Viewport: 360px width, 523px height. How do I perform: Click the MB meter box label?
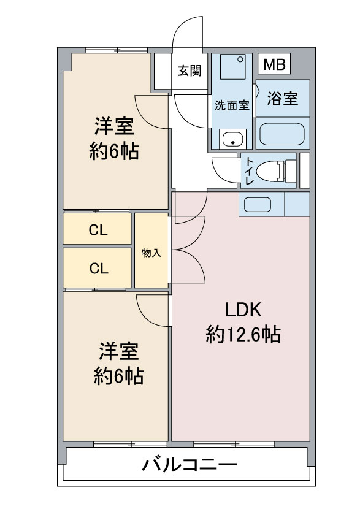pos(274,64)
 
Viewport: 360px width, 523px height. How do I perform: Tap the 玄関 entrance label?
pos(190,71)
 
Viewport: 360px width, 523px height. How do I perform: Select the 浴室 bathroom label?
pos(282,98)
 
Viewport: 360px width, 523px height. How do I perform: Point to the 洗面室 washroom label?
pos(232,105)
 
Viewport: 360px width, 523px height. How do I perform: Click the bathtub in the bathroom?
pos(282,134)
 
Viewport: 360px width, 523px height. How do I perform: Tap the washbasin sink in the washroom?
pos(232,139)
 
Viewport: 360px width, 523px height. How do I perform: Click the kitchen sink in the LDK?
pos(257,204)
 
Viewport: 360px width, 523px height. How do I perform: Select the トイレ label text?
pos(249,171)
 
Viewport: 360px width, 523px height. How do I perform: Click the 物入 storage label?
pos(151,253)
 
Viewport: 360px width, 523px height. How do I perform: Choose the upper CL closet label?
pos(98,230)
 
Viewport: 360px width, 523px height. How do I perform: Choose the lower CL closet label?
pos(99,268)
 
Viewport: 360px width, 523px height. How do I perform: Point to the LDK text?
pos(243,310)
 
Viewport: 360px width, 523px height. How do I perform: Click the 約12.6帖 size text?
pos(243,334)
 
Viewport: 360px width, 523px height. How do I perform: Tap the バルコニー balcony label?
pos(190,465)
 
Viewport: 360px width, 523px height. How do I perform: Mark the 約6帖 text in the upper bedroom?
pos(114,152)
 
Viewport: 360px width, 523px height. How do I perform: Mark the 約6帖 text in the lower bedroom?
pos(118,376)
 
